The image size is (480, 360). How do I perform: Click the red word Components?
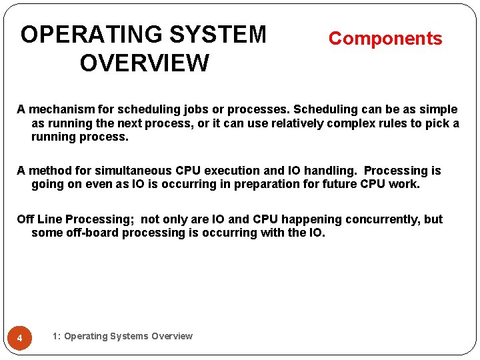385,39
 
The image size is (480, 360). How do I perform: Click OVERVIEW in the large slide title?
144,64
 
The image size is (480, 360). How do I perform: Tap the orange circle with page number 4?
20,339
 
